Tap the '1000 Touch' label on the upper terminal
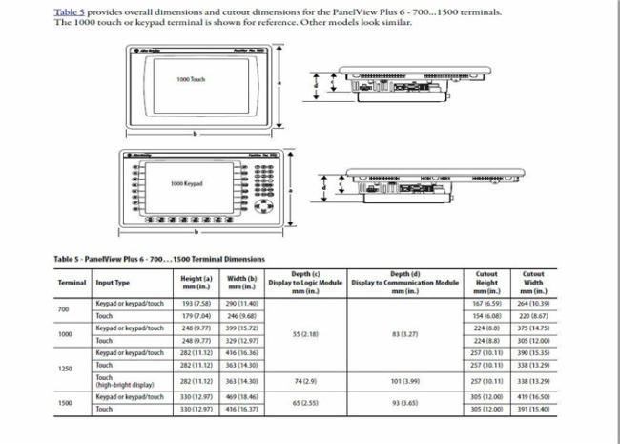click(191, 79)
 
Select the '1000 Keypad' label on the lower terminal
click(187, 182)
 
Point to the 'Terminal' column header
click(72, 283)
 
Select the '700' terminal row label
click(64, 309)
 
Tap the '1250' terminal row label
click(65, 368)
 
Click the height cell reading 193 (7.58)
click(196, 304)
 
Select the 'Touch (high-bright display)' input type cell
click(122, 380)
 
